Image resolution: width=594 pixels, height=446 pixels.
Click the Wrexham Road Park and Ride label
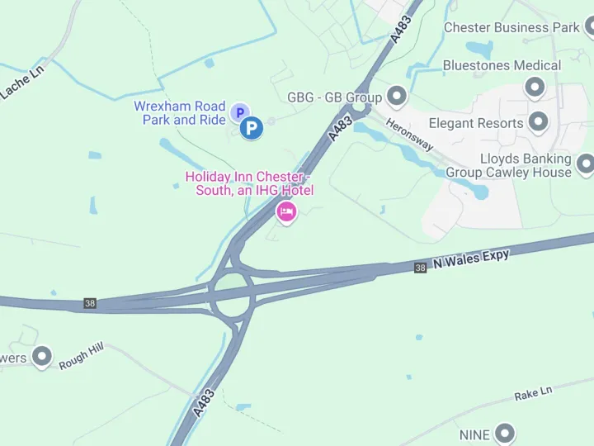(179, 113)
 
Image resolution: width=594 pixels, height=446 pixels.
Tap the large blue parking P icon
(252, 128)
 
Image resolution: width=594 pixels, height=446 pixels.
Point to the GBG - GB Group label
(334, 97)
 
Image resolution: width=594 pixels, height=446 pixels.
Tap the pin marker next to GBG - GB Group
(397, 97)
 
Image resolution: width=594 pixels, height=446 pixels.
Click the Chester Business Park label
(511, 27)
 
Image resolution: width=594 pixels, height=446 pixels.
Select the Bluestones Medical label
(502, 65)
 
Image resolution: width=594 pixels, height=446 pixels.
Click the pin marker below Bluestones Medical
(535, 86)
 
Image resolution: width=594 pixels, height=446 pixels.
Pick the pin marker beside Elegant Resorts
(539, 122)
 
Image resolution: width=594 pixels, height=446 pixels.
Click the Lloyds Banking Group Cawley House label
(508, 165)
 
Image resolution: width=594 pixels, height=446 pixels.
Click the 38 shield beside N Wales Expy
(421, 268)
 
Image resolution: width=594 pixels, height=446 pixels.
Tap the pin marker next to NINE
(504, 433)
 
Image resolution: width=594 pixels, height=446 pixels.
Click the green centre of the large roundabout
(232, 291)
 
